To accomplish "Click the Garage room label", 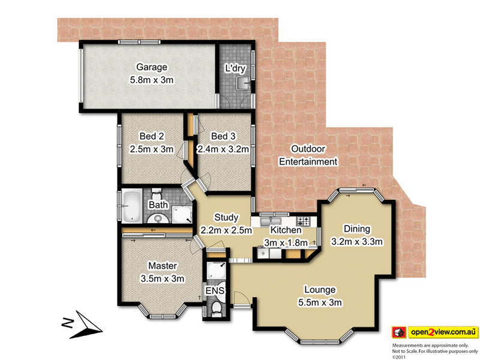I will pos(151,67).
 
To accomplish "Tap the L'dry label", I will pos(235,68).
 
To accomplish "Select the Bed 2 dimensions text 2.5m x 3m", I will pos(151,149).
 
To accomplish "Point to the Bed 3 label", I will pos(223,137).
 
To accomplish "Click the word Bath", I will pos(158,205).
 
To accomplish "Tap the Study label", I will pos(226,218).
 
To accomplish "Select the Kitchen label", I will pos(286,230).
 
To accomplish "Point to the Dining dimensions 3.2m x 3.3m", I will pos(357,241).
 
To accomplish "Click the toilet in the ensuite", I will pos(216,308).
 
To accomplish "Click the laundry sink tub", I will pos(242,82).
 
